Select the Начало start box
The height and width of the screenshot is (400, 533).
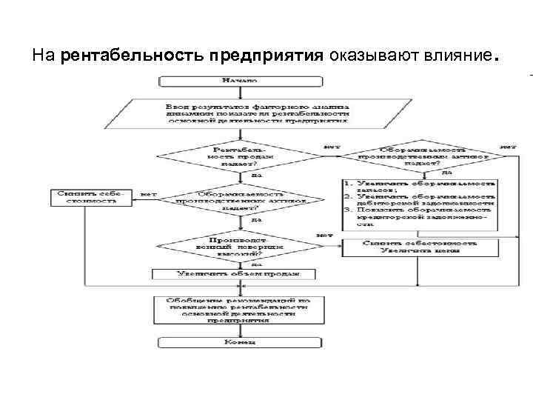click(238, 79)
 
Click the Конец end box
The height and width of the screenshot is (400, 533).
click(238, 342)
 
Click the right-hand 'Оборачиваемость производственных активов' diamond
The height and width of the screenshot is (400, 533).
click(423, 156)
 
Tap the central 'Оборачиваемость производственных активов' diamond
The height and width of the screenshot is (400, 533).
click(247, 200)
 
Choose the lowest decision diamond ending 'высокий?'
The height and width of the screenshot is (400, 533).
click(237, 247)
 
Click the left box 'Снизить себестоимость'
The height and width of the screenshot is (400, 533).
click(90, 197)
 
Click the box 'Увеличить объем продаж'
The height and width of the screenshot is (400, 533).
click(238, 274)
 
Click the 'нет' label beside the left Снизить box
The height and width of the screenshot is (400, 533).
click(149, 194)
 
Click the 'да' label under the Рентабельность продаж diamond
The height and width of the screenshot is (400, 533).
click(256, 176)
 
